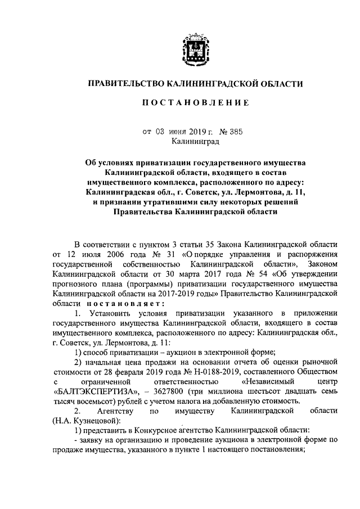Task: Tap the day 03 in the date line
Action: tap(160, 133)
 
